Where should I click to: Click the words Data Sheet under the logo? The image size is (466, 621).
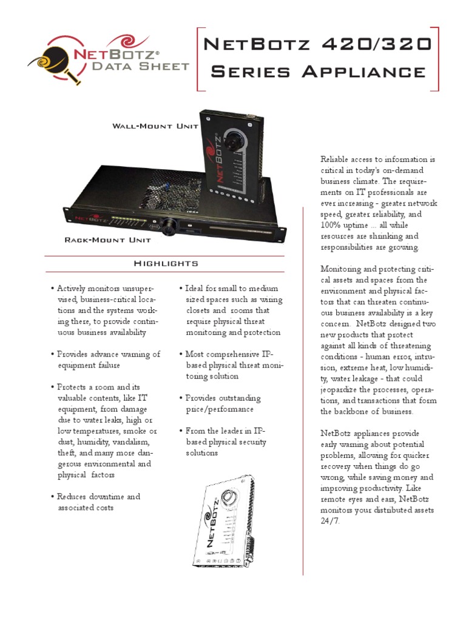140,65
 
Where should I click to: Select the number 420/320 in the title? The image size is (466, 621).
386,45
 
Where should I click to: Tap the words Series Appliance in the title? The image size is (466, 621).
318,72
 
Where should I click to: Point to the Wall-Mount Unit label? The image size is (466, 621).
155,126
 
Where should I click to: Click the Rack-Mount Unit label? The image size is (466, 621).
107,240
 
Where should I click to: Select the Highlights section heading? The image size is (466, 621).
166,263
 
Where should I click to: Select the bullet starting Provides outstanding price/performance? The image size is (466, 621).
223,403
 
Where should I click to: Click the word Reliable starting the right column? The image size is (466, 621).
336,159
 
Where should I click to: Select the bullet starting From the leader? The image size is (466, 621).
226,441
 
